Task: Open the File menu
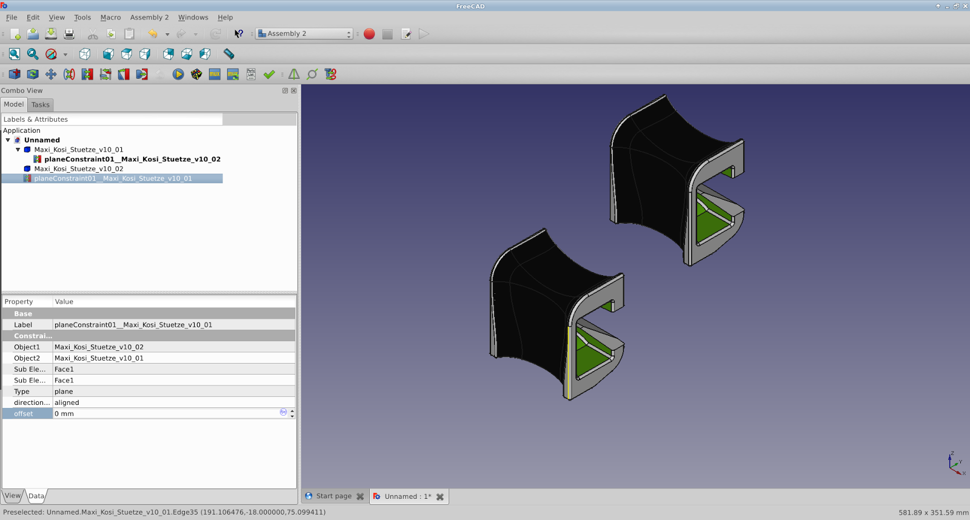coord(12,18)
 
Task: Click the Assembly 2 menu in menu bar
coord(149,18)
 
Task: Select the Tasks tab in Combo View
coord(41,105)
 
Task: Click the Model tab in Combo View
coord(14,104)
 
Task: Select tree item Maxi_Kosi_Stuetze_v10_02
coord(78,169)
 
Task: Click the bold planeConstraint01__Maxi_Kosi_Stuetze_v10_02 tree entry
coord(132,159)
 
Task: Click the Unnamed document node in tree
coord(42,140)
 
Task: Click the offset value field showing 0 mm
coord(164,414)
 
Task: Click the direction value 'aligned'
coord(67,402)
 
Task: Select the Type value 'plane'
coord(64,392)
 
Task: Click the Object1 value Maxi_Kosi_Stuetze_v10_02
coord(99,347)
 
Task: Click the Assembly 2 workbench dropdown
coord(304,34)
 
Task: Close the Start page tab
coord(360,496)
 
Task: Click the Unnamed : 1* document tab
coord(402,496)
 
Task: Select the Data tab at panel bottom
coord(36,496)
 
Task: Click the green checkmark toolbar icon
coord(269,75)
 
